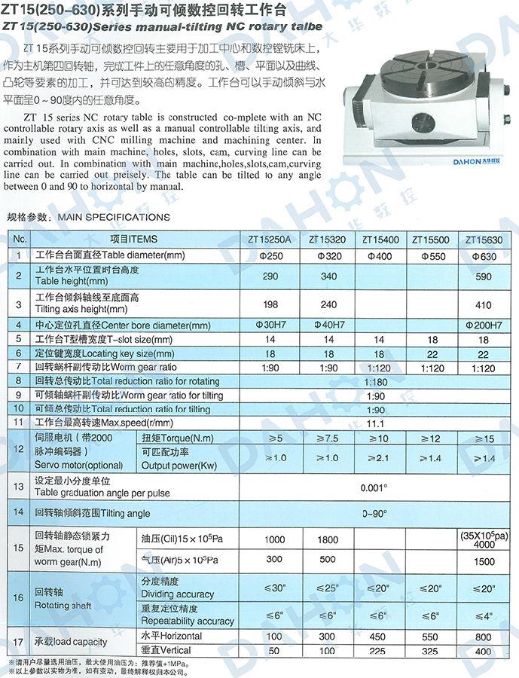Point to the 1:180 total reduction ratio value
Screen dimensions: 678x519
[374, 382]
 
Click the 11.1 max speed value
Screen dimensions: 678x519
[374, 423]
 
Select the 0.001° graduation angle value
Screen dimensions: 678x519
[374, 487]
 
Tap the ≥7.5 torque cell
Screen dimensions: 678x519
[328, 438]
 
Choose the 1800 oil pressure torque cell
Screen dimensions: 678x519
[328, 539]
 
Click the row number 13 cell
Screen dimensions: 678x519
[19, 487]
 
